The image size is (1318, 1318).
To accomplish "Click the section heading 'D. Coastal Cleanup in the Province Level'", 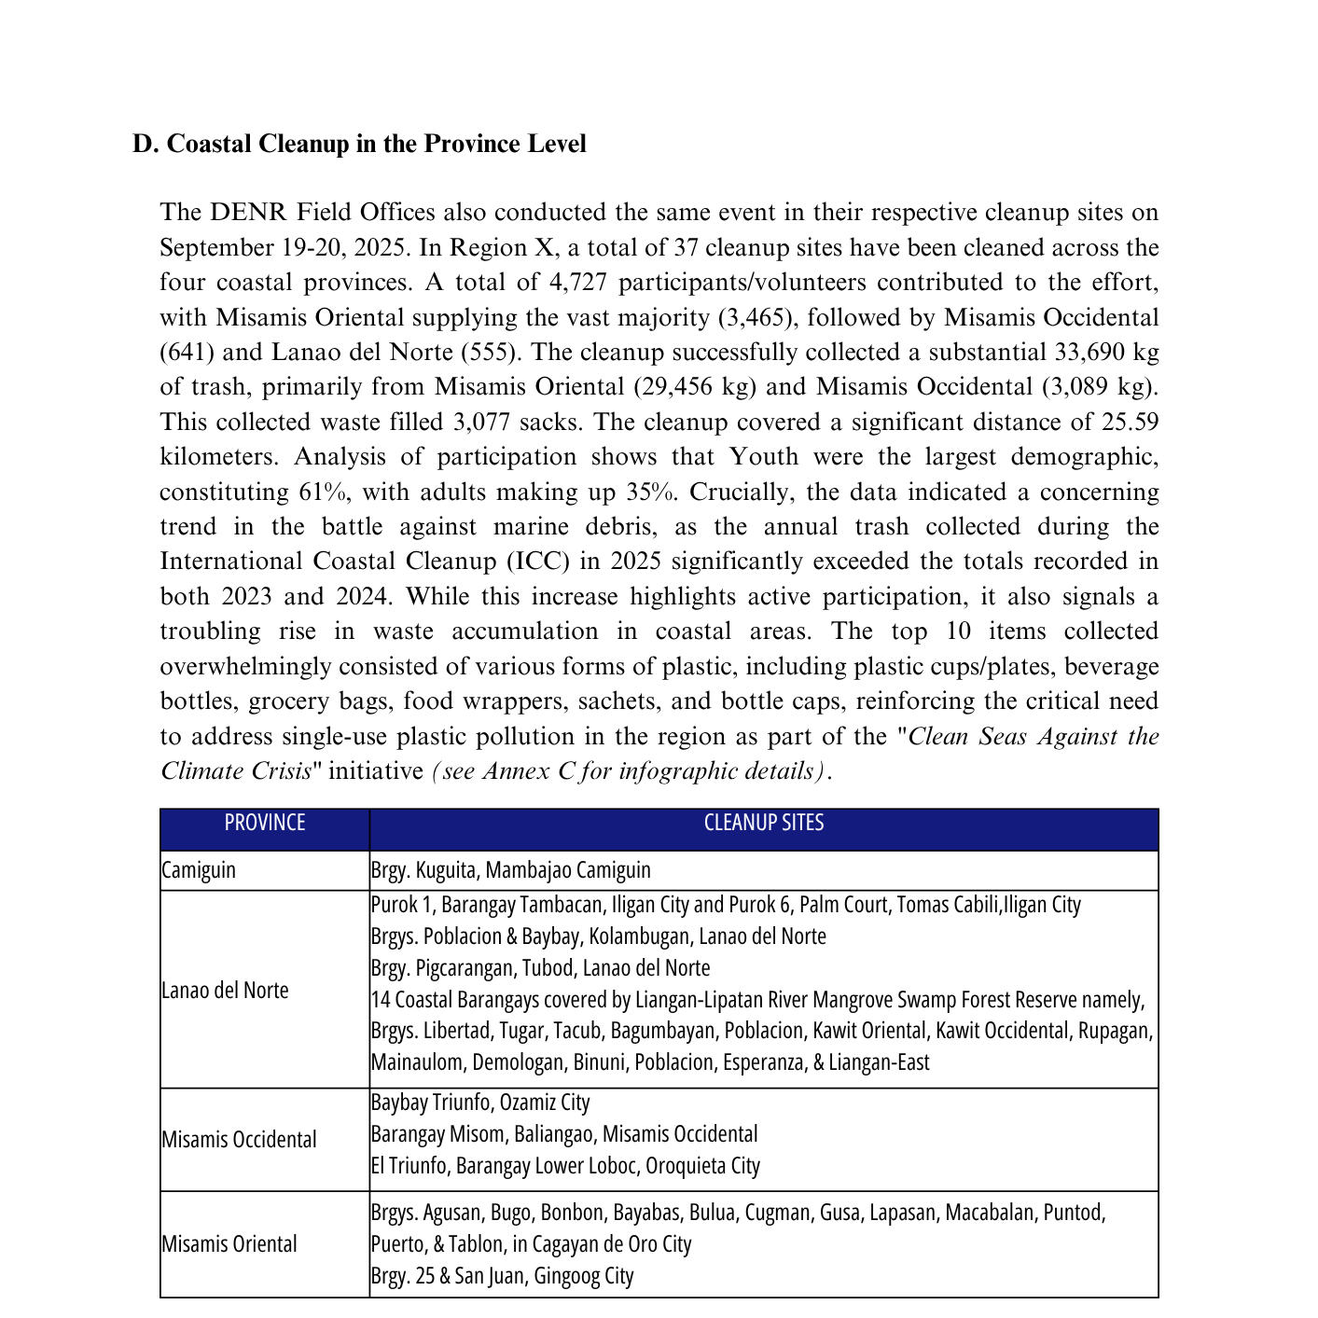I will pyautogui.click(x=359, y=144).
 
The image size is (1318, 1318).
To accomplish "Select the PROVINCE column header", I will pyautogui.click(x=265, y=823).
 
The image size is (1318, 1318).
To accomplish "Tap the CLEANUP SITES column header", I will pyautogui.click(x=763, y=823).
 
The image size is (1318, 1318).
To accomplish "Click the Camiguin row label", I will pyautogui.click(x=199, y=870).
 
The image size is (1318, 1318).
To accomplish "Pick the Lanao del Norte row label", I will pyautogui.click(x=225, y=990).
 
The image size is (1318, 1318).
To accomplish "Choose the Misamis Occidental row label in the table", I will pyautogui.click(x=239, y=1139).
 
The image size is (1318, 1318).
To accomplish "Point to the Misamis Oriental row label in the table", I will pyautogui.click(x=229, y=1243).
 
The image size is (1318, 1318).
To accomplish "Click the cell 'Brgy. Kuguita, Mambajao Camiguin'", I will pyautogui.click(x=510, y=870).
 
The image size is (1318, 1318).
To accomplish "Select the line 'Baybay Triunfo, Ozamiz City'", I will pyautogui.click(x=480, y=1103).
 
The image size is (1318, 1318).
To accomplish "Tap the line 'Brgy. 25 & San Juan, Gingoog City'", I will pyautogui.click(x=502, y=1275).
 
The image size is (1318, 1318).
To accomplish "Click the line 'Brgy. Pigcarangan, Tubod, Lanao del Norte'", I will pyautogui.click(x=540, y=968).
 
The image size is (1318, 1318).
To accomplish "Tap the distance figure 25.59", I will pyautogui.click(x=1130, y=423).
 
